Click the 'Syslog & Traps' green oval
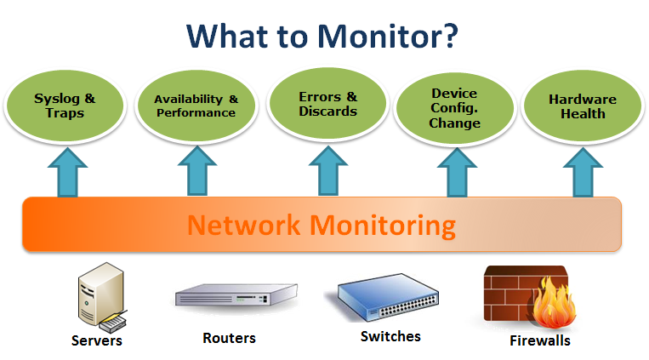65,106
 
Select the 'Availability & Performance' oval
196,106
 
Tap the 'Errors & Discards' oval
328,104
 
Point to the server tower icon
98,299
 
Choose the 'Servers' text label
97,340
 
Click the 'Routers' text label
229,338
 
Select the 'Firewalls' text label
539,340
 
